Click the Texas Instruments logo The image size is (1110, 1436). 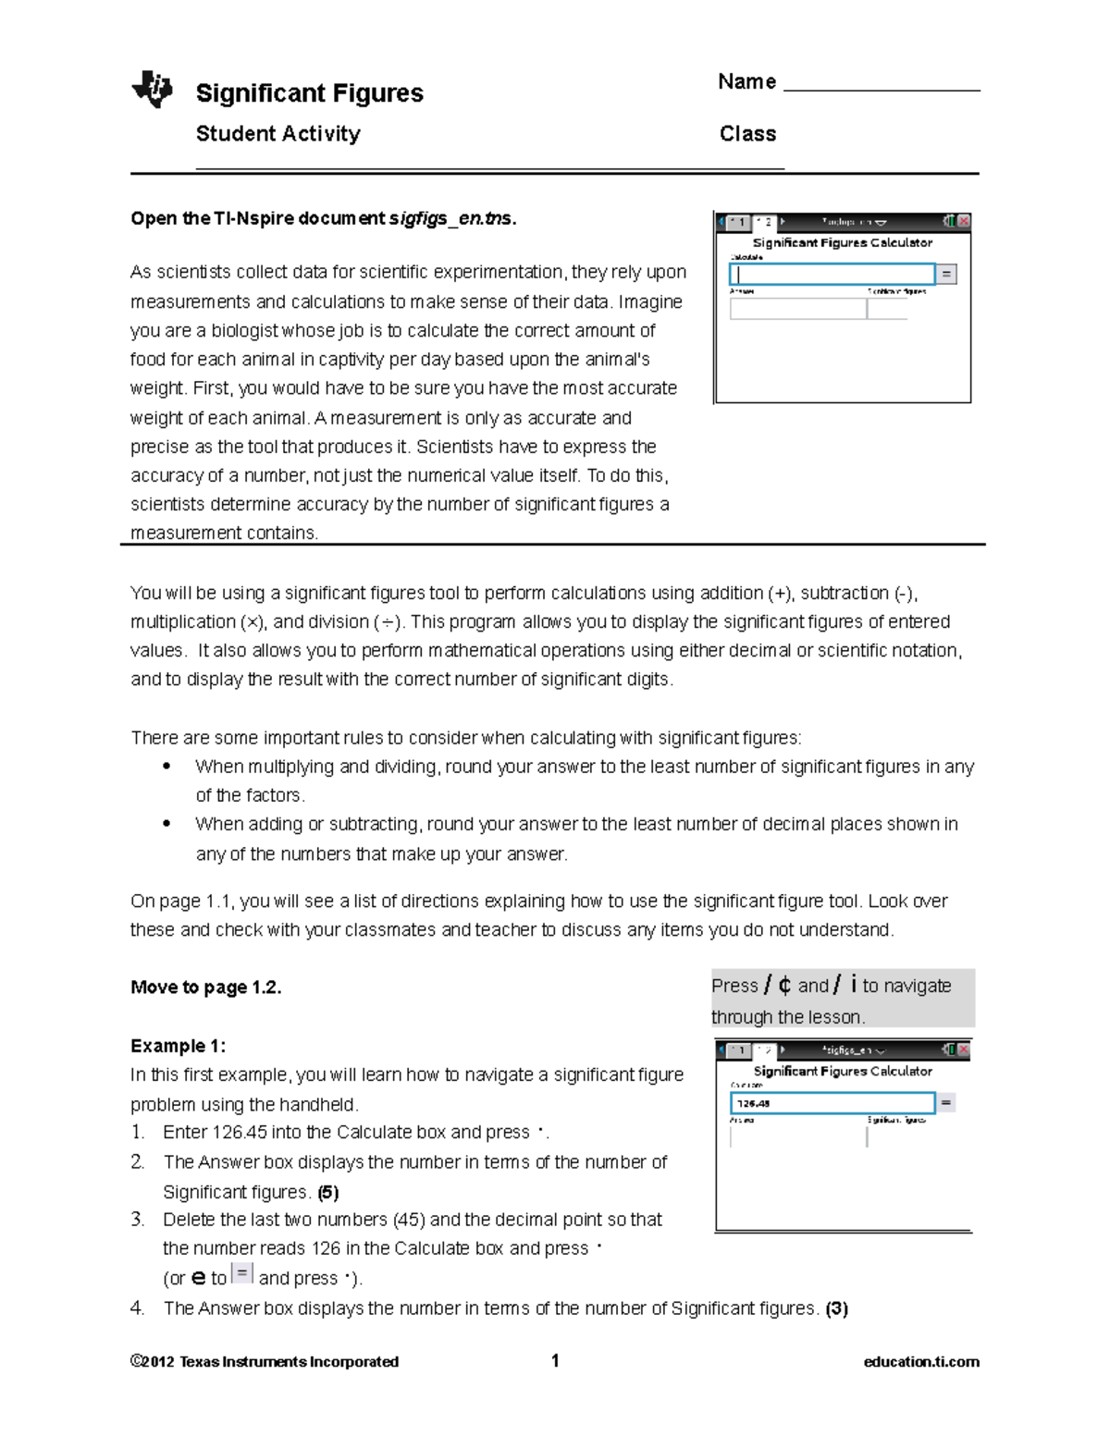(153, 90)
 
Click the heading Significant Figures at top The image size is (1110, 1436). (309, 93)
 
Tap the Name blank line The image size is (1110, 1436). (881, 89)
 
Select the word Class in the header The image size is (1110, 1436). (747, 134)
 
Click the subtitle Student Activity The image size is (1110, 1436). (277, 134)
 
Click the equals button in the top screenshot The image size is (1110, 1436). (945, 274)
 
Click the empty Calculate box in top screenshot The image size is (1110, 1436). (832, 274)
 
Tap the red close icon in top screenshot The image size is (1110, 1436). (964, 222)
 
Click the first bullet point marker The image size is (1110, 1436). (166, 767)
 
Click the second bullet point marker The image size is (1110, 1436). (166, 824)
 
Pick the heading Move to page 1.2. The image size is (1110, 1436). (205, 988)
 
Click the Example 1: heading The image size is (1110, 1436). (178, 1046)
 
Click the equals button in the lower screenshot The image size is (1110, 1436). (945, 1102)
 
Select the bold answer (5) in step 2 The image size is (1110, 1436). (327, 1192)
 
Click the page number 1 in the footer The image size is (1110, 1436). (555, 1360)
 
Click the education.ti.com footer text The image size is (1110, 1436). (920, 1361)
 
